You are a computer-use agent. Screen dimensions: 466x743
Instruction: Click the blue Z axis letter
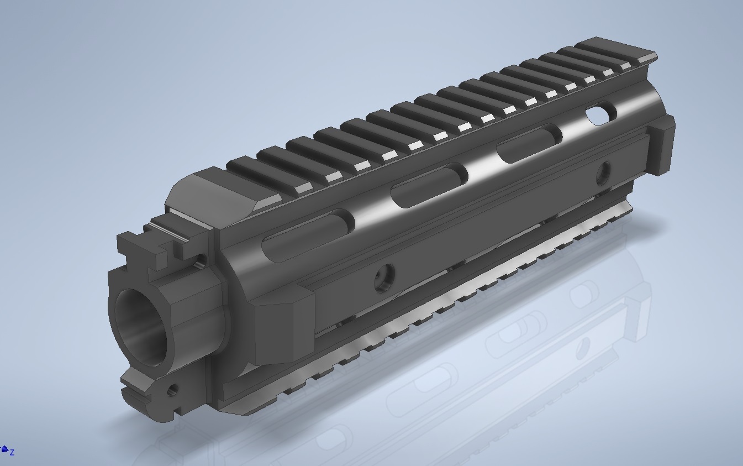(x=12, y=453)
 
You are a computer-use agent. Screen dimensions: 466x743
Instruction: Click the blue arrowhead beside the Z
(x=4, y=449)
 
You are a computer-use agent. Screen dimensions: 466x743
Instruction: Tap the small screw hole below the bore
(x=173, y=390)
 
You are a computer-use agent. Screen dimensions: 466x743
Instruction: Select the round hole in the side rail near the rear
(x=603, y=174)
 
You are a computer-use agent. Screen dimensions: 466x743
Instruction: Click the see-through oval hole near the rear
(x=600, y=113)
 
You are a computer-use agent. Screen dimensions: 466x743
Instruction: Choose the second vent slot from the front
(x=429, y=185)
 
